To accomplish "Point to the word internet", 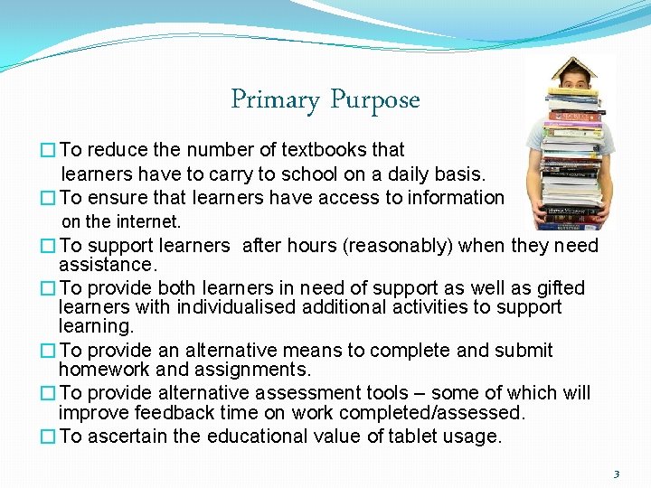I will click(149, 221).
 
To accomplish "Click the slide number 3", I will click(617, 474).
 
